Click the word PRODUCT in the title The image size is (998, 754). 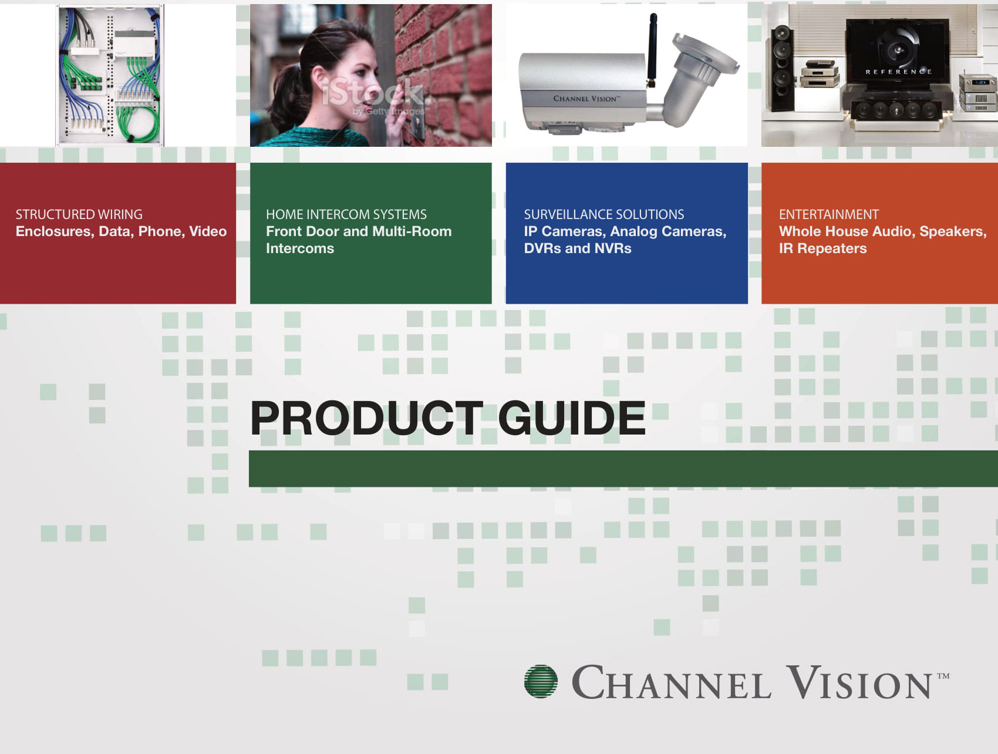coord(367,418)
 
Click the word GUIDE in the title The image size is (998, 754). coord(572,418)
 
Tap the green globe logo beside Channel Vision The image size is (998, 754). coord(541,681)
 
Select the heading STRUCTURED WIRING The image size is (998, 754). coord(79,214)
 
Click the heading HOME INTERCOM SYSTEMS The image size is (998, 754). coord(346,214)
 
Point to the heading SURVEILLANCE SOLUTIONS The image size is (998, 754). coord(604,214)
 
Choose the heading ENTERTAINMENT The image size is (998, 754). coord(829,214)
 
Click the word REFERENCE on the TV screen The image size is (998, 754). coord(898,72)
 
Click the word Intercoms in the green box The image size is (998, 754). coord(300,248)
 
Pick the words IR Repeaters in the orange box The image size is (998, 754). coord(822,248)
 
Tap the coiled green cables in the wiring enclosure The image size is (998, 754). coord(139,120)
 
